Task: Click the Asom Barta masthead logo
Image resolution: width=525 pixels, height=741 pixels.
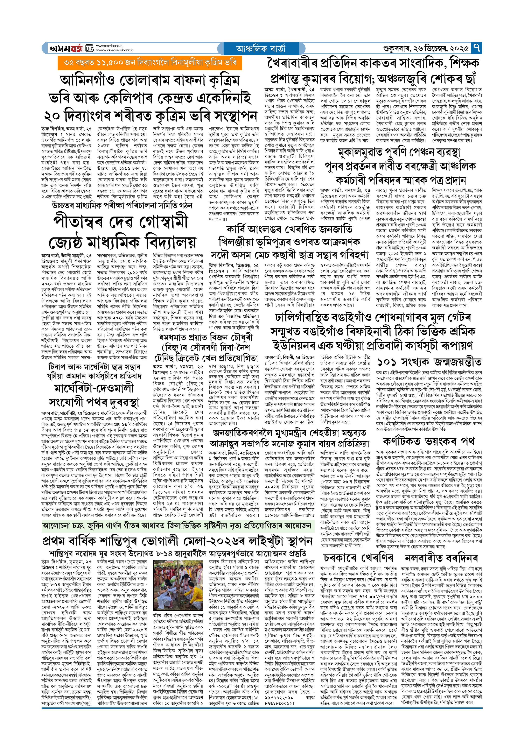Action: click(66, 48)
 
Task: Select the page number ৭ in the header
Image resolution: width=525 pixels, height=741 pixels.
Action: click(476, 48)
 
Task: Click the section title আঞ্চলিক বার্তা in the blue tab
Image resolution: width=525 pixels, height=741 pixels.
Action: click(261, 49)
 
